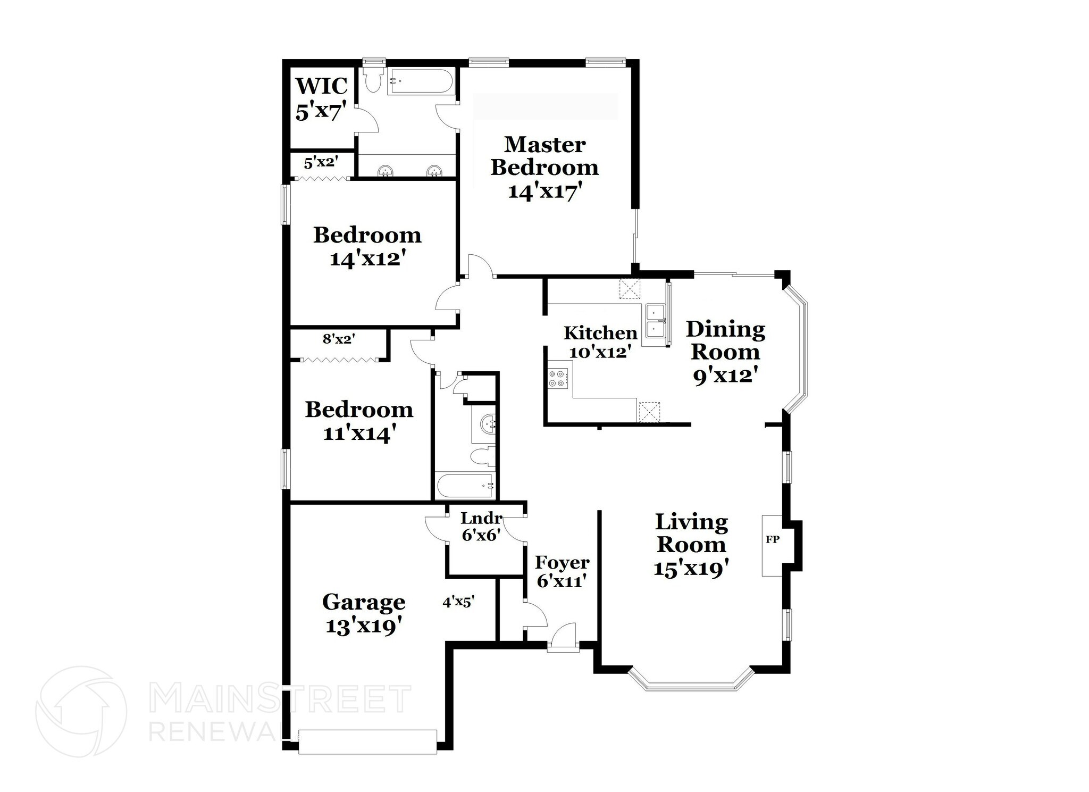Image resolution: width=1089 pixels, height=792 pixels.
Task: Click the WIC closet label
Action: pos(321,86)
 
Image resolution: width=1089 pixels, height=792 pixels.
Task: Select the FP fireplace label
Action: pos(772,539)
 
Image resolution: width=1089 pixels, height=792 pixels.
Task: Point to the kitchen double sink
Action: pos(654,322)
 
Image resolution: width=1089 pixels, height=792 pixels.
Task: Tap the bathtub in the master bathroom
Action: pos(420,81)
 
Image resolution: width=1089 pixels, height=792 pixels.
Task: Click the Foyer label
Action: pos(562,562)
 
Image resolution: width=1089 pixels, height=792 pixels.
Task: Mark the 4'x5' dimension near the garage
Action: pos(458,602)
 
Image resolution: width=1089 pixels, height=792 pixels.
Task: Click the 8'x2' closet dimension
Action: pos(339,338)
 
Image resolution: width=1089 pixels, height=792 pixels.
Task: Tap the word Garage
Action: pos(364,602)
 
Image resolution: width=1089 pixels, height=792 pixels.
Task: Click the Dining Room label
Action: pos(725,340)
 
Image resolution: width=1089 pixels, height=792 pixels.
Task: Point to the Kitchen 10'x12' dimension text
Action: pos(600,352)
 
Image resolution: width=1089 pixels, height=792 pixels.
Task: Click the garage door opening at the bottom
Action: pos(367,741)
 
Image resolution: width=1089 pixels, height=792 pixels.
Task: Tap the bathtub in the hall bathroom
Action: pos(465,486)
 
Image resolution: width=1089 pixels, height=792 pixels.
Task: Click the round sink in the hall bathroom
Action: pos(487,424)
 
